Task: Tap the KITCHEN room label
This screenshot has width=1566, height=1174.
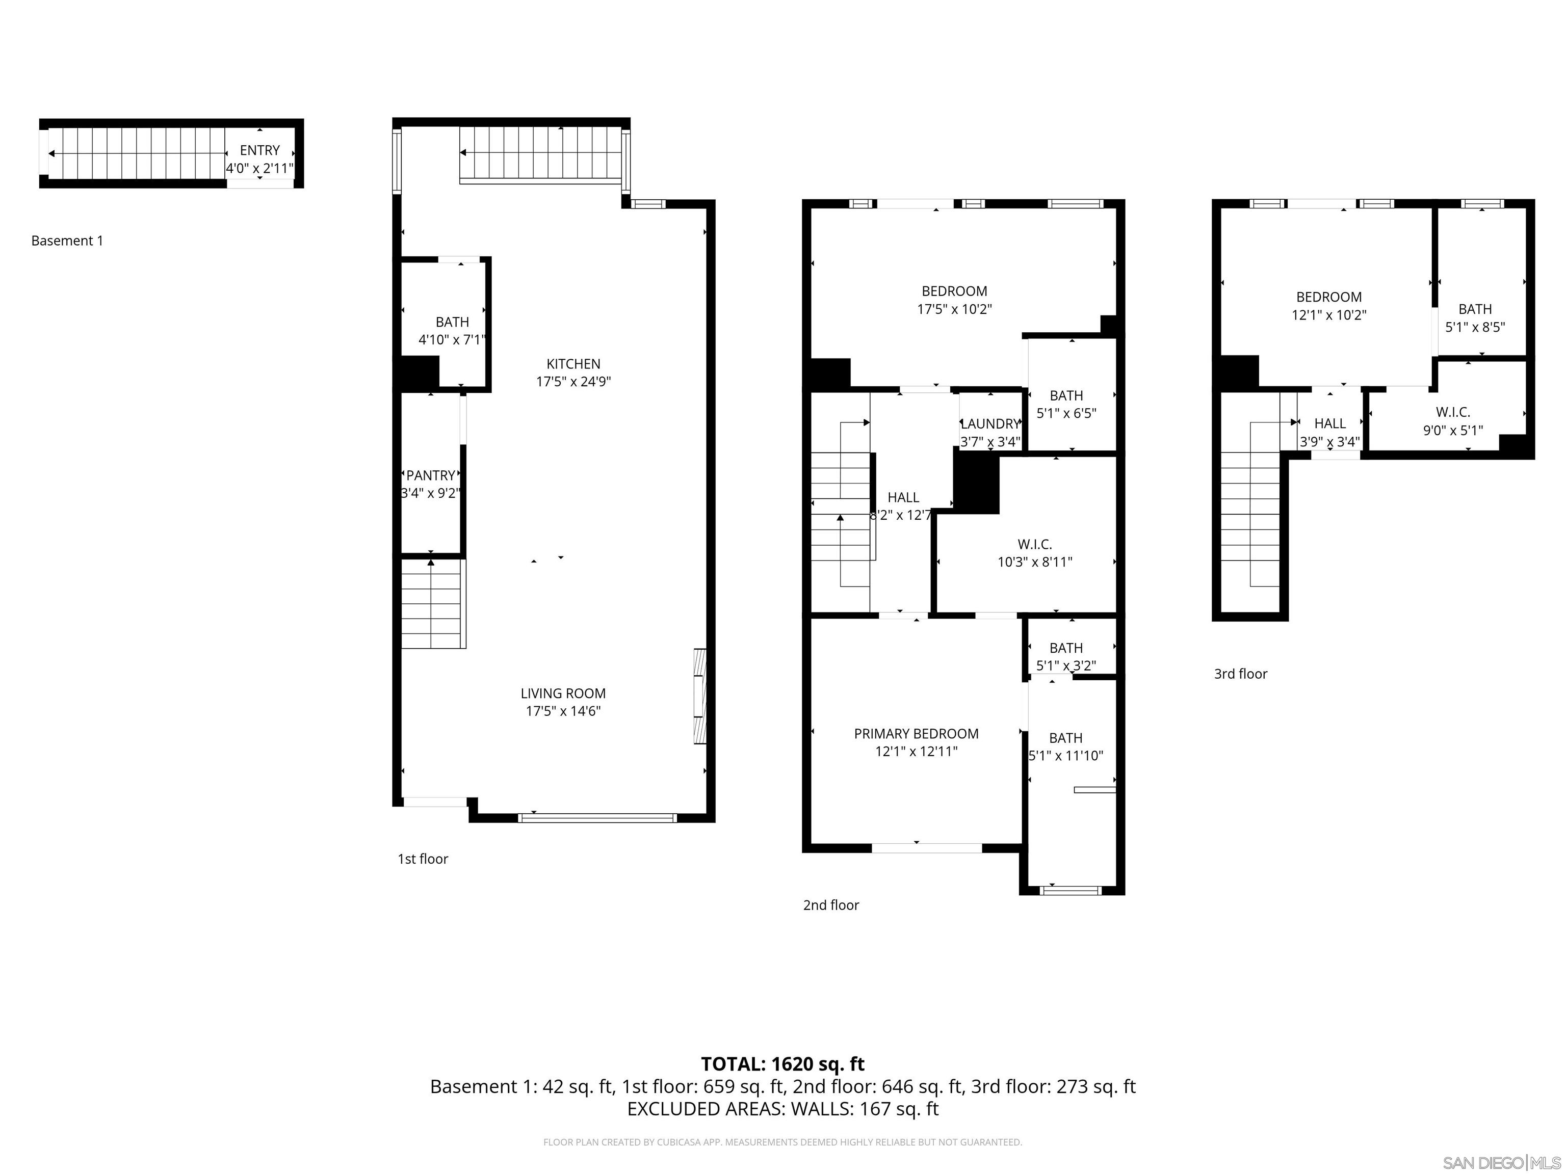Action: tap(573, 364)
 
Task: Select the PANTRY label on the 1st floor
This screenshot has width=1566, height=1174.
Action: tap(430, 475)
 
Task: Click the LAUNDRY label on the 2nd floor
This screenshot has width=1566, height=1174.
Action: tap(990, 424)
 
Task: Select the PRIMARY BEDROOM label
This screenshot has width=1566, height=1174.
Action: tap(916, 734)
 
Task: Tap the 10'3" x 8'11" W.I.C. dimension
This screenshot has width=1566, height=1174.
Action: tap(1034, 562)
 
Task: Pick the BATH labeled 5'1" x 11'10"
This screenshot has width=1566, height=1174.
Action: tap(1065, 738)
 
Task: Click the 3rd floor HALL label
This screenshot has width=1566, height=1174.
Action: tap(1329, 423)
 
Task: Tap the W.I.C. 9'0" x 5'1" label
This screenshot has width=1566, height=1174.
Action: tap(1453, 412)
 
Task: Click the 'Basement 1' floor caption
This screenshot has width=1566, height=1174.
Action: tap(67, 241)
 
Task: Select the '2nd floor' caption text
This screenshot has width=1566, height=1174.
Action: tap(830, 905)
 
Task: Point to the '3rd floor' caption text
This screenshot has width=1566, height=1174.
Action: tap(1240, 674)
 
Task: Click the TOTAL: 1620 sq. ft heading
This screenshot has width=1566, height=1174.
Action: tap(782, 1063)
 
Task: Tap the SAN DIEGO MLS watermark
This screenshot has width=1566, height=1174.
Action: tap(1501, 1163)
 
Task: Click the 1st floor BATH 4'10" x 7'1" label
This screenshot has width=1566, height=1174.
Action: tap(452, 323)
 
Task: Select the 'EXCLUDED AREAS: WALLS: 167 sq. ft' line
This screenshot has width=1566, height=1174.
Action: tap(782, 1109)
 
